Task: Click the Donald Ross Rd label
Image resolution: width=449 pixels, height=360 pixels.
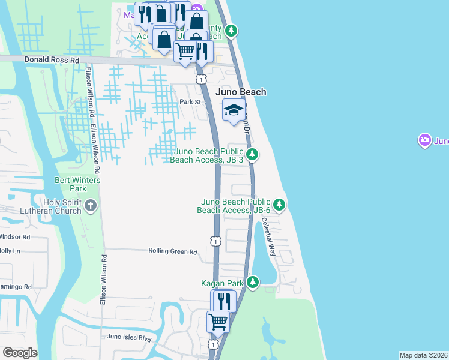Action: pos(52,60)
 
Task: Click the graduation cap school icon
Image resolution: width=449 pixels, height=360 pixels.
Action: pos(234,109)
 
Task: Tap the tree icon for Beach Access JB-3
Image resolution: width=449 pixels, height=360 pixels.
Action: pos(253,155)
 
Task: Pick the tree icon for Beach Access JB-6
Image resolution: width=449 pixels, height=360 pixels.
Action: pos(279,205)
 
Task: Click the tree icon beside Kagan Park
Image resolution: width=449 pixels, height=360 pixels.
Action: pos(253,282)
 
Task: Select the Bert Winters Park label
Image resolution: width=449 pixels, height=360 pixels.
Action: pos(77,184)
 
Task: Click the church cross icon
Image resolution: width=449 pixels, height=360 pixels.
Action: pos(91,206)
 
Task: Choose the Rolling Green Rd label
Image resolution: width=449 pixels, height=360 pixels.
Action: pos(172,252)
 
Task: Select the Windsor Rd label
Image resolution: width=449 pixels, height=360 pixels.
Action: pos(15,237)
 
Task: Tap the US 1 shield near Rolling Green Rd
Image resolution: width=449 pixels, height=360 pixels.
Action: pos(214,241)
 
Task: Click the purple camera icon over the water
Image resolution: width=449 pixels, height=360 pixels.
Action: pos(425,140)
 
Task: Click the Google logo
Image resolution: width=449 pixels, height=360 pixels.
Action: pos(20,353)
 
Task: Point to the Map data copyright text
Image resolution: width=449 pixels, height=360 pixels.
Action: pos(424,355)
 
